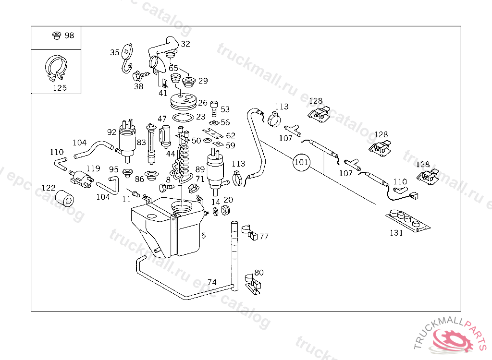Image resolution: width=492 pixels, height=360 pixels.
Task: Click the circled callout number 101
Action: (x=301, y=162)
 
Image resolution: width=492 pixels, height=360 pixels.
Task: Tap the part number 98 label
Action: (x=69, y=36)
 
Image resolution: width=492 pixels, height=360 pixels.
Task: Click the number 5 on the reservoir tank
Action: (x=203, y=236)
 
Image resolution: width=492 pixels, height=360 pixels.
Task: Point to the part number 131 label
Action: (x=396, y=233)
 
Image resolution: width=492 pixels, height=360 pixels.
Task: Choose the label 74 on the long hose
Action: (x=212, y=282)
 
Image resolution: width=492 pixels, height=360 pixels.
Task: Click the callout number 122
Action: (x=49, y=188)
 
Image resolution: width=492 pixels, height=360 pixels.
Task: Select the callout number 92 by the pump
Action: (x=112, y=132)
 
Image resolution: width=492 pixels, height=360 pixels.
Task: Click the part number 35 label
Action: (x=114, y=52)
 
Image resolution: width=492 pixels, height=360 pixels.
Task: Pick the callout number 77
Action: (x=264, y=237)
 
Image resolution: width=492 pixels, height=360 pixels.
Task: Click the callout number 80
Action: (x=259, y=273)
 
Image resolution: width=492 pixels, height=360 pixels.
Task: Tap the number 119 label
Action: (x=93, y=168)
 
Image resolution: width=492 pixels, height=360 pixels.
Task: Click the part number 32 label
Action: (x=185, y=44)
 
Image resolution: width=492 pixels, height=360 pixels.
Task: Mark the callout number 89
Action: (x=200, y=169)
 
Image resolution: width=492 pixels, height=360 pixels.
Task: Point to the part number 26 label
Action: (x=203, y=103)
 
